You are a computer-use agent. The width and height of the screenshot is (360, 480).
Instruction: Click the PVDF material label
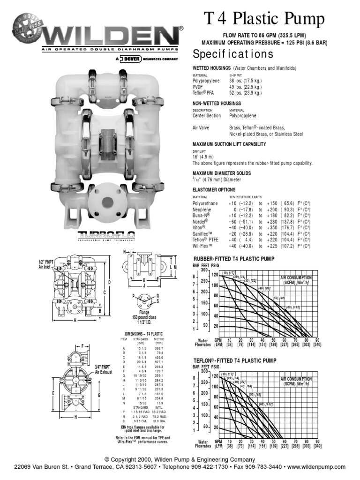pyautogui.click(x=199, y=87)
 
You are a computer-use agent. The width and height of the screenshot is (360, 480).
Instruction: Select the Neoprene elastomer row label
pyautogui.click(x=202, y=210)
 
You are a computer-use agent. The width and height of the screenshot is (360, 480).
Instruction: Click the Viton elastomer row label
pyautogui.click(x=200, y=228)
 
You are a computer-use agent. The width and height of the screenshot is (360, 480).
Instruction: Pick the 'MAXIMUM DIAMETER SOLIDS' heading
pyautogui.click(x=222, y=173)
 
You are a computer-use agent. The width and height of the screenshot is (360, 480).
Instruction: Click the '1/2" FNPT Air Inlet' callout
pyautogui.click(x=47, y=264)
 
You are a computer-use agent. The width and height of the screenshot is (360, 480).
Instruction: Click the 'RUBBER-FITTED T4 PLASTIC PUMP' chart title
pyautogui.click(x=233, y=259)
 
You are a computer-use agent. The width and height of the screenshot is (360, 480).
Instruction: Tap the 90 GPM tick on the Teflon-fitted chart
pyautogui.click(x=317, y=441)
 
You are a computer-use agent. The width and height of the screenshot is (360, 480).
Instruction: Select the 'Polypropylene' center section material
pyautogui.click(x=243, y=115)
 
